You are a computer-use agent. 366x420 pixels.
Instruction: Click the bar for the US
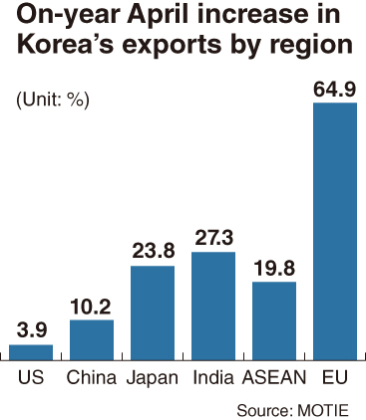pos(31,352)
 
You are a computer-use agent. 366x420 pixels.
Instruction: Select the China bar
pos(92,340)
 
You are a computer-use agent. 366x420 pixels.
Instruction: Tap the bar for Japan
pos(153,313)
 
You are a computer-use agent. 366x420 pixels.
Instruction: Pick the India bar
pos(213,306)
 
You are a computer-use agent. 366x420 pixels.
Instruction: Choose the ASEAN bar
pos(274,320)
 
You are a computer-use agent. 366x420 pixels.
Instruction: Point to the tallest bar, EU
pos(335,231)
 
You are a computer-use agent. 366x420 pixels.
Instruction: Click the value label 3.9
pos(32,330)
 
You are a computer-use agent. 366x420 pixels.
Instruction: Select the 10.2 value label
pos(91,307)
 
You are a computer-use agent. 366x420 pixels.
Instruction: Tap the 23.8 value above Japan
pos(154,251)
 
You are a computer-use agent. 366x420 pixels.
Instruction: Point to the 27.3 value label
pos(214,237)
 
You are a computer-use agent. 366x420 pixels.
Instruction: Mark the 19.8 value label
pos(274,268)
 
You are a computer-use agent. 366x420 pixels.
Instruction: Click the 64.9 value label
pos(335,89)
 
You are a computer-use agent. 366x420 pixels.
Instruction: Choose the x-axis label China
pos(92,377)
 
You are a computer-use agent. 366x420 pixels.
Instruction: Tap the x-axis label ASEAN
pos(274,377)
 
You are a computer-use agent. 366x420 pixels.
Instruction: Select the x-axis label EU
pos(335,377)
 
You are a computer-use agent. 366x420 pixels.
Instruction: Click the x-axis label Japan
pos(153,378)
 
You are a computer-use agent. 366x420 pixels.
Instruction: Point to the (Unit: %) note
pos(53,100)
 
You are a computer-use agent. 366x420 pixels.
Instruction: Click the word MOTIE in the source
pos(323,410)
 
